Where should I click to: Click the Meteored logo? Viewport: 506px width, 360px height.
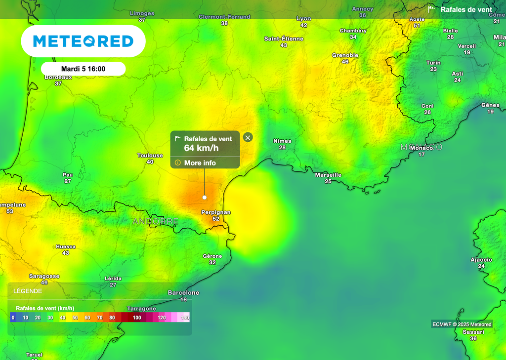click(x=83, y=41)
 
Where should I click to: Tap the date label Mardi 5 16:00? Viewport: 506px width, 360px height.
click(x=83, y=69)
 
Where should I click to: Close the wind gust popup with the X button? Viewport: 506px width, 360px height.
click(x=248, y=137)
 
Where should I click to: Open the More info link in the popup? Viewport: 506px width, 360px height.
click(x=200, y=163)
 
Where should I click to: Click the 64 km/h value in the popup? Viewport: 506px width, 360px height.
click(x=201, y=148)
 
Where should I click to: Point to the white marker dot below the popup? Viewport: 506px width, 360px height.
click(x=205, y=198)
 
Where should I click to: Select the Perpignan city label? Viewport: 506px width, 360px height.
click(x=216, y=212)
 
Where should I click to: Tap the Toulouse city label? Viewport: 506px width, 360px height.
click(x=150, y=156)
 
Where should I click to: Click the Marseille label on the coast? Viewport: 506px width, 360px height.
click(x=328, y=175)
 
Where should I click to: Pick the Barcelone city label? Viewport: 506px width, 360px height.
click(x=183, y=293)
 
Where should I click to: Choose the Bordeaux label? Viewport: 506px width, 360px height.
click(x=58, y=77)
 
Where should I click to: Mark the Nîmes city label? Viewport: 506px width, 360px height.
click(x=282, y=141)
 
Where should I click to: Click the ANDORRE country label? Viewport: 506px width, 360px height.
click(x=155, y=221)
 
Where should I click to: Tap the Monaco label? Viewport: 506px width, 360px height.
click(x=422, y=148)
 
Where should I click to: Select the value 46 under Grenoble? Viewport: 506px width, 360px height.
click(x=345, y=62)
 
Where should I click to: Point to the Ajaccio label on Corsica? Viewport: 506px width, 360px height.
click(x=481, y=260)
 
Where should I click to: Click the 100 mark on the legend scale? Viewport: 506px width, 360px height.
click(x=137, y=318)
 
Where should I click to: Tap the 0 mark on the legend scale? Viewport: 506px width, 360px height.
click(x=13, y=318)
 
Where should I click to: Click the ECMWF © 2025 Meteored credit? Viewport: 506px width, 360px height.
click(x=462, y=324)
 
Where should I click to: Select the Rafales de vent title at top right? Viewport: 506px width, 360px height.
click(x=466, y=9)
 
